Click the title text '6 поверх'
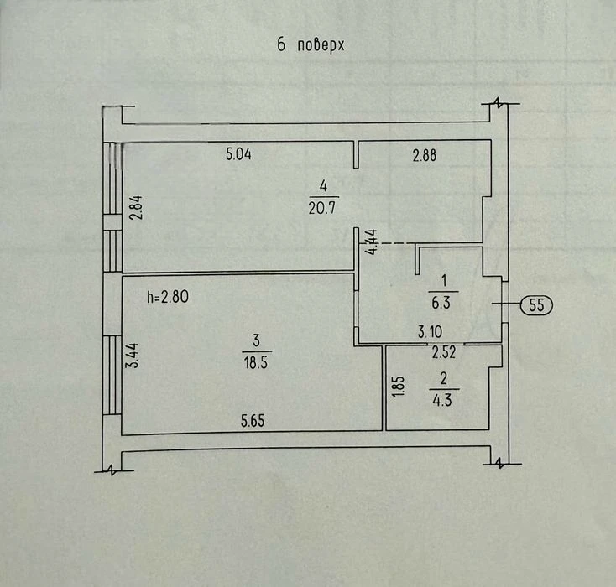coord(311,45)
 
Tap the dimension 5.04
coord(238,154)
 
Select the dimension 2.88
coord(425,155)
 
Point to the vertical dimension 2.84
coord(136,208)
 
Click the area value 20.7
coord(322,208)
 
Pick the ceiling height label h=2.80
coord(168,297)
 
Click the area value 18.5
coord(256,362)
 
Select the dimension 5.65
coord(253,421)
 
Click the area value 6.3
coord(441,303)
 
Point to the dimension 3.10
coord(430,332)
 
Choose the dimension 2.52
coord(444,352)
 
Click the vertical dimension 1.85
coord(399,387)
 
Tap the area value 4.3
coord(442,400)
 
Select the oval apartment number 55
coord(536,304)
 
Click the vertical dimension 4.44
coord(371,242)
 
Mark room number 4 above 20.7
coord(323,185)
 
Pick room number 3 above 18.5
coord(256,340)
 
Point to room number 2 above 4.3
coord(443,379)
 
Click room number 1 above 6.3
coord(444,281)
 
